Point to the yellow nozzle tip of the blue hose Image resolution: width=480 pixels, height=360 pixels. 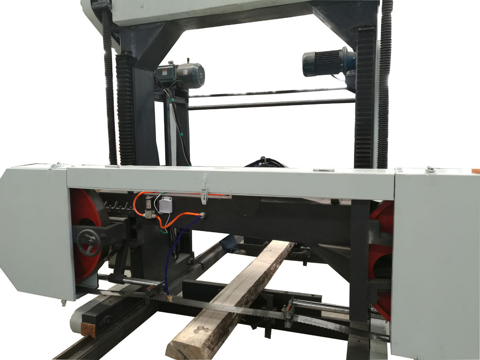point(168,297)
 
